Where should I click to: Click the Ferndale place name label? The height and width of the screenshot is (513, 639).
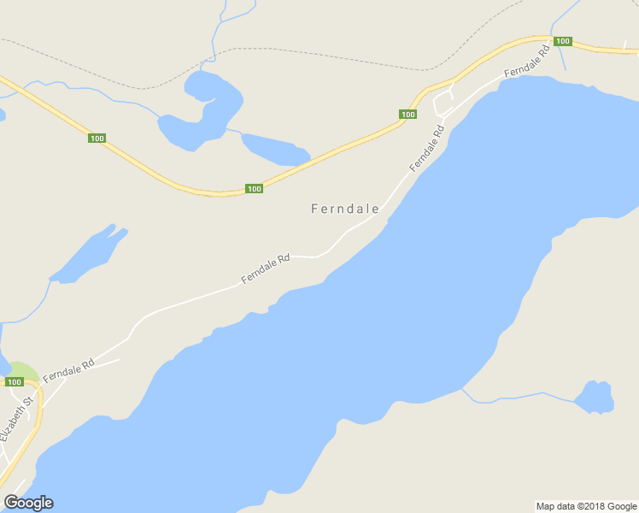point(345,208)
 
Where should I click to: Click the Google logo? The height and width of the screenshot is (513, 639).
point(28,503)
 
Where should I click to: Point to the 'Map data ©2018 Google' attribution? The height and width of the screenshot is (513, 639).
point(586,506)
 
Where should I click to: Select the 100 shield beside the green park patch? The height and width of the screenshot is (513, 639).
point(14,382)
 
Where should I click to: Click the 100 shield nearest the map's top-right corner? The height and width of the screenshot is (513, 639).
point(561,41)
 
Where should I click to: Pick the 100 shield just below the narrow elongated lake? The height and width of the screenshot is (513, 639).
point(254,189)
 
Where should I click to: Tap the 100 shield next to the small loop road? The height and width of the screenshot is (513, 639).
point(407,115)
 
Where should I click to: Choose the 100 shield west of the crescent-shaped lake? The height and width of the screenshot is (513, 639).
point(96,138)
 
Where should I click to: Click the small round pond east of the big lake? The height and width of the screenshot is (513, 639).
point(595,397)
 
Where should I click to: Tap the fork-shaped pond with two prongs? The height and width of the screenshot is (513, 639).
point(90,255)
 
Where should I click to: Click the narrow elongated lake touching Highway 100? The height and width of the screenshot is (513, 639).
point(273,149)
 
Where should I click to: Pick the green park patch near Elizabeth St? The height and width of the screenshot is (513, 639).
point(25,372)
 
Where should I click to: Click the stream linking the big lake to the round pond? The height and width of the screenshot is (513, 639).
point(513,397)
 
